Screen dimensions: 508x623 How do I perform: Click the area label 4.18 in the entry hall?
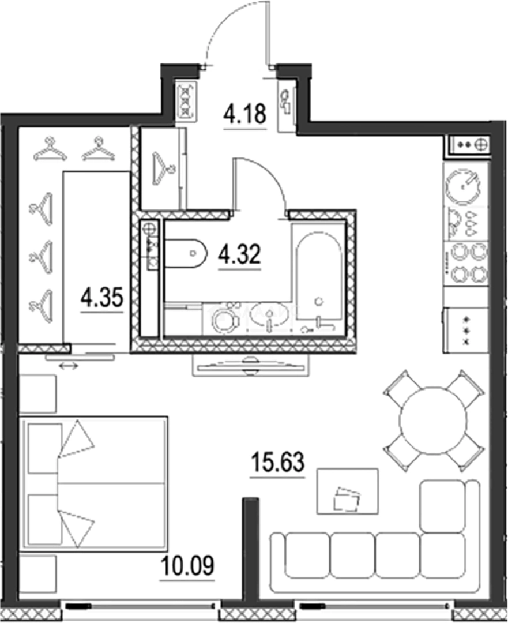pos(244,114)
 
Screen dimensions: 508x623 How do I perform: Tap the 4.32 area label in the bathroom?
pos(239,254)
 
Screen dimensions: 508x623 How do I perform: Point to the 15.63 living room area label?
pos(277,461)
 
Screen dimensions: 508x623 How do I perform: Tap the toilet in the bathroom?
pos(185,253)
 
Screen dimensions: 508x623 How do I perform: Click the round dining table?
pos(432,421)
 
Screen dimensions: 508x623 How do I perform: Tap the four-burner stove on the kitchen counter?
pos(471,262)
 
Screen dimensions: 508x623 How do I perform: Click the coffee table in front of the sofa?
pos(348,491)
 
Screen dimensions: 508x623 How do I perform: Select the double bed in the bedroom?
pos(94,483)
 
